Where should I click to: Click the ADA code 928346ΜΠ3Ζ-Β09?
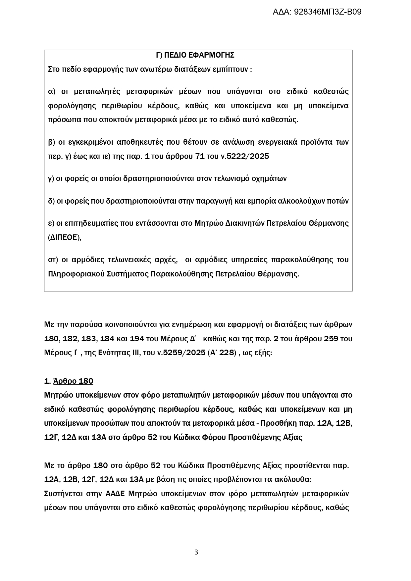[x=317, y=12]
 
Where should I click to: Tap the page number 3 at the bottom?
[x=196, y=552]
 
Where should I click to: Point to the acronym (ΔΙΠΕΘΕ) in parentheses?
[x=65, y=237]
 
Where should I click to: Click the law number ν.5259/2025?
[x=181, y=353]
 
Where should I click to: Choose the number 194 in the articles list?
[x=137, y=339]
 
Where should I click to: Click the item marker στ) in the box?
[x=53, y=260]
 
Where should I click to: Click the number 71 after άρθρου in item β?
[x=200, y=157]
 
